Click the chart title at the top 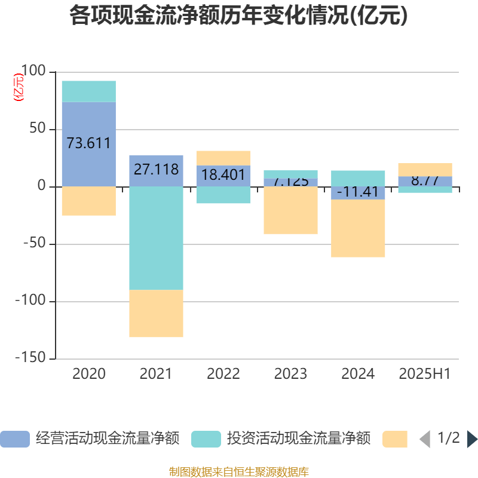click(238, 16)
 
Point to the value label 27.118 click(156, 170)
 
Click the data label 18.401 click(223, 175)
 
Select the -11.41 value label click(358, 192)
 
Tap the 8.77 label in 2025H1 click(425, 180)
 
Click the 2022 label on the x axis click(223, 374)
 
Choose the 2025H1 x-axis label click(425, 374)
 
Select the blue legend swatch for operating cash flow click(15, 439)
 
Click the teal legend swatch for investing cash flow click(206, 439)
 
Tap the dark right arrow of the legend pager click(472, 439)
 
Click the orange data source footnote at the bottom click(238, 472)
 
